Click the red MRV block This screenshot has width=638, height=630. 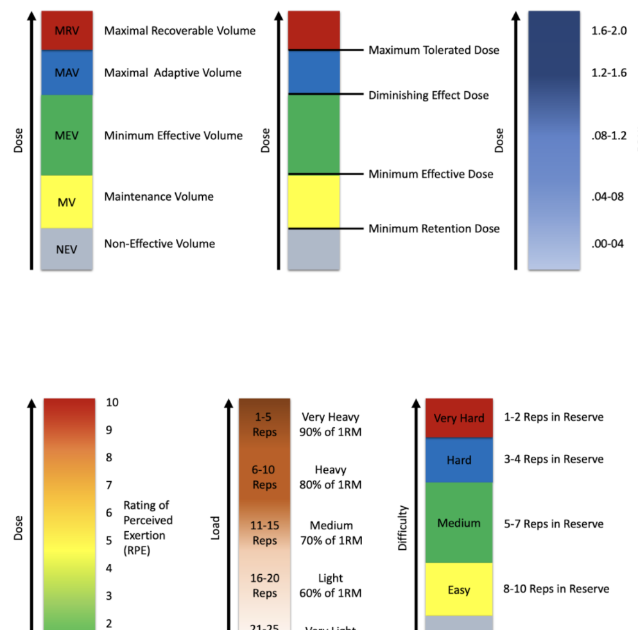point(67,31)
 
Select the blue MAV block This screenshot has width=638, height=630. point(67,72)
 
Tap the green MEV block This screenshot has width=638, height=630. point(67,135)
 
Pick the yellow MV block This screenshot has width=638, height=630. point(67,202)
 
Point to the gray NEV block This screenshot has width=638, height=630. point(67,249)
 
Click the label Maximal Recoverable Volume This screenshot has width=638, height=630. point(180,31)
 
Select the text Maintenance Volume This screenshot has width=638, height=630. point(159,196)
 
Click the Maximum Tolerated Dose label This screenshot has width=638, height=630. point(433,50)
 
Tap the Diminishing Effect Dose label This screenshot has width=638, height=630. point(428,95)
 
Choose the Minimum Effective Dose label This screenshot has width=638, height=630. point(431,174)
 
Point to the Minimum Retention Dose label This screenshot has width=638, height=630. point(434,228)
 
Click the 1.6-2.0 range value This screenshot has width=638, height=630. point(608,31)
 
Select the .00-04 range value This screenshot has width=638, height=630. point(607,244)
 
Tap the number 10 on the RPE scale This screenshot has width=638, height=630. point(112,402)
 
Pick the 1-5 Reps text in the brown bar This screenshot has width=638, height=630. point(264,424)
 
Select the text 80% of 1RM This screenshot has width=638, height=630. point(331,485)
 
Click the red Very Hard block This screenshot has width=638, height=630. point(459,418)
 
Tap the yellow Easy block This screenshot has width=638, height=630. point(459,590)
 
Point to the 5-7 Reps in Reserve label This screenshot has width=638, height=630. point(554,524)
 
